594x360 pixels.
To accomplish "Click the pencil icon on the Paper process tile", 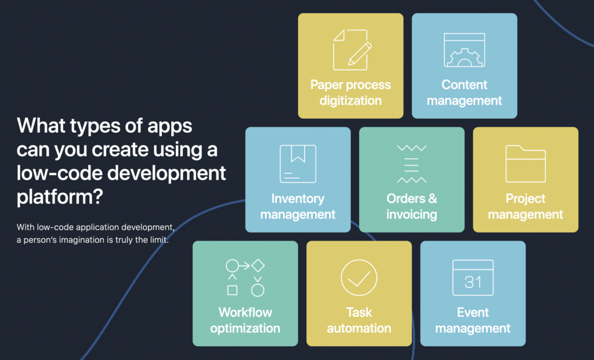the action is coord(360,54).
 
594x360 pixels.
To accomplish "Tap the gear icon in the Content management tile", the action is coord(465,57).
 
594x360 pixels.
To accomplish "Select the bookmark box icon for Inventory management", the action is coord(298,164).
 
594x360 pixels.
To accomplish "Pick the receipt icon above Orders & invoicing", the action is coord(412,164).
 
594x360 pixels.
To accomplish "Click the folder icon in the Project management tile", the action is coord(526,164).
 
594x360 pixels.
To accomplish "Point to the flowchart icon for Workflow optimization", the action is coord(245,278).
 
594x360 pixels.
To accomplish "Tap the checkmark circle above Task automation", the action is coord(359,278).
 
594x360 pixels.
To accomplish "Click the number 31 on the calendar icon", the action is coord(473,282).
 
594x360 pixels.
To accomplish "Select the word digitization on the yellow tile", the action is coord(350,101).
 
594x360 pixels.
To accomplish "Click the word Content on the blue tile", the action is coord(465,85).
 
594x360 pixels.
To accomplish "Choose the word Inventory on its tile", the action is coord(298,198).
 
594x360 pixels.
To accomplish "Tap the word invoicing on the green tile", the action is coord(412,214).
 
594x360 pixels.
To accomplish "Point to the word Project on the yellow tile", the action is coord(526,199).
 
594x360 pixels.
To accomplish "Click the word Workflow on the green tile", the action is coord(245,312).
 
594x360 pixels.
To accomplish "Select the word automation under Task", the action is coord(359,328).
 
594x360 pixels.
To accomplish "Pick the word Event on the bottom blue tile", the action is coord(473,312).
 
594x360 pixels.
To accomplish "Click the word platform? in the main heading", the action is coord(60,197).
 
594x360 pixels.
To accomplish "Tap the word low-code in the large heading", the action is coord(59,173).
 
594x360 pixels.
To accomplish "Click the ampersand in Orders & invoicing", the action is coord(432,198).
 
